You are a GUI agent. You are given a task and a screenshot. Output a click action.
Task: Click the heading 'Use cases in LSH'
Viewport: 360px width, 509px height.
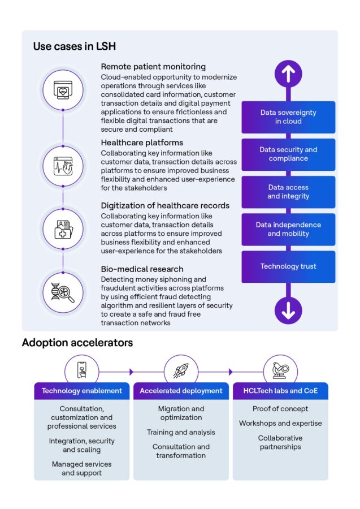pos(75,46)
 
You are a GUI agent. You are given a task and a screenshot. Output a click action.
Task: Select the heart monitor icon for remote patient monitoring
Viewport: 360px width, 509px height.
pos(63,89)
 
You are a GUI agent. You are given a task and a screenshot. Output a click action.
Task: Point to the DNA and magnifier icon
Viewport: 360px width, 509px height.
pos(63,292)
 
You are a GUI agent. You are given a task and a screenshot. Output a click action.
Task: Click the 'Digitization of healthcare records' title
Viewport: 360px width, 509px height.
pos(165,205)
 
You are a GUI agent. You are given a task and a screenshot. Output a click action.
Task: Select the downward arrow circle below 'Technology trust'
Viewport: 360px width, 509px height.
pos(288,310)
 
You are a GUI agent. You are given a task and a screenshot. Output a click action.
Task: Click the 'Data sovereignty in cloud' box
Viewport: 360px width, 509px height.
pos(288,117)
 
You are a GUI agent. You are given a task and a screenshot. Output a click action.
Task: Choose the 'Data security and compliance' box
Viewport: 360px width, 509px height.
pos(288,154)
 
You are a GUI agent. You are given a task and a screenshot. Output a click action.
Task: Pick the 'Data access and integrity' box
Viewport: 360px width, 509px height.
pos(288,192)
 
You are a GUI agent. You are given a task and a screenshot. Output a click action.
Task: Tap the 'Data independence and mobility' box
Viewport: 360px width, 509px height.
pos(288,229)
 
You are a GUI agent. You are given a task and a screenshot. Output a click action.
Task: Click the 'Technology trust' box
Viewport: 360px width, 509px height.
pos(288,266)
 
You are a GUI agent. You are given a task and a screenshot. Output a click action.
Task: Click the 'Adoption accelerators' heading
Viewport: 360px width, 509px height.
pos(77,343)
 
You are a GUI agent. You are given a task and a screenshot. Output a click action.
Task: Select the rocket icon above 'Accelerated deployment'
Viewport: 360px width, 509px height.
pos(181,370)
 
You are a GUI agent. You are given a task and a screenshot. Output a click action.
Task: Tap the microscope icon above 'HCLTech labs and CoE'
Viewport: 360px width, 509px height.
pos(280,370)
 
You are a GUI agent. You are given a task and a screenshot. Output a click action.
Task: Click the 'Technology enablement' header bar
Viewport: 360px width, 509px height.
pos(81,391)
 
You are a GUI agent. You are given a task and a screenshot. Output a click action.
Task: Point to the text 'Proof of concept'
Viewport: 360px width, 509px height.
pos(280,409)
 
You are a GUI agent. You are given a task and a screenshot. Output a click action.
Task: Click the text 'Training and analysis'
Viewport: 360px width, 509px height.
pos(181,432)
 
